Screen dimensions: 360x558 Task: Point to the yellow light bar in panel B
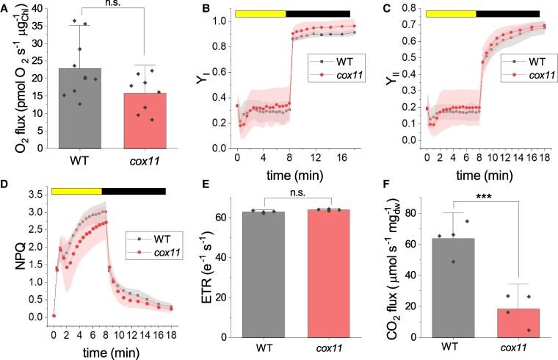260,13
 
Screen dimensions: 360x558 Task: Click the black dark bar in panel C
507,13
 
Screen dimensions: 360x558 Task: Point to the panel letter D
5,186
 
